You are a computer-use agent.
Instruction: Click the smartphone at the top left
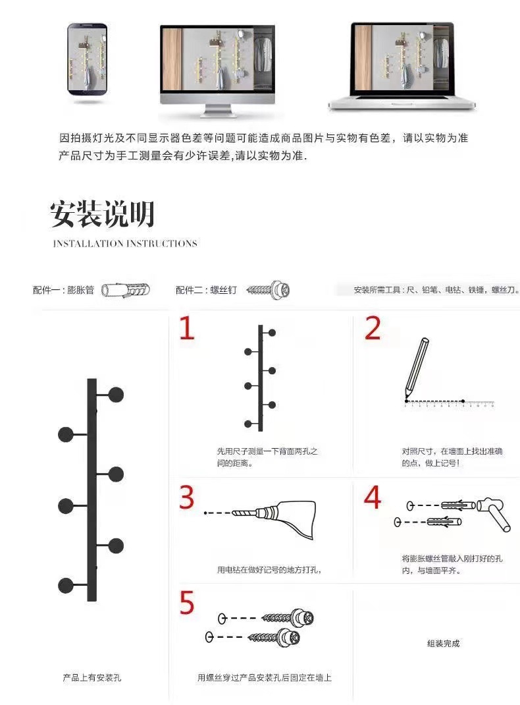click(x=87, y=61)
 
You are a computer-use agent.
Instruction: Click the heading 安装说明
click(x=102, y=214)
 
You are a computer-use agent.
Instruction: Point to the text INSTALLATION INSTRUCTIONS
click(x=125, y=244)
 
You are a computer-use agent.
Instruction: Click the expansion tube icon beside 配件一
click(x=126, y=290)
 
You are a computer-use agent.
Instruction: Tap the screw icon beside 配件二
click(x=268, y=290)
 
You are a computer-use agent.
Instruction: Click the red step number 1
click(x=188, y=329)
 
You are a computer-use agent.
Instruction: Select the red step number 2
click(x=373, y=329)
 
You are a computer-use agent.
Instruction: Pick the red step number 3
click(x=188, y=497)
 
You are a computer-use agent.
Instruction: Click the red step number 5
click(x=188, y=603)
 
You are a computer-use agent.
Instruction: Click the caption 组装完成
click(x=443, y=643)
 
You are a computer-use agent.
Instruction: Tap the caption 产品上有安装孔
click(x=91, y=677)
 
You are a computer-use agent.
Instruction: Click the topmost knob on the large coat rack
click(x=116, y=395)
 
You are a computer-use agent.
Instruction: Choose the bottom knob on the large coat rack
click(x=66, y=585)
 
